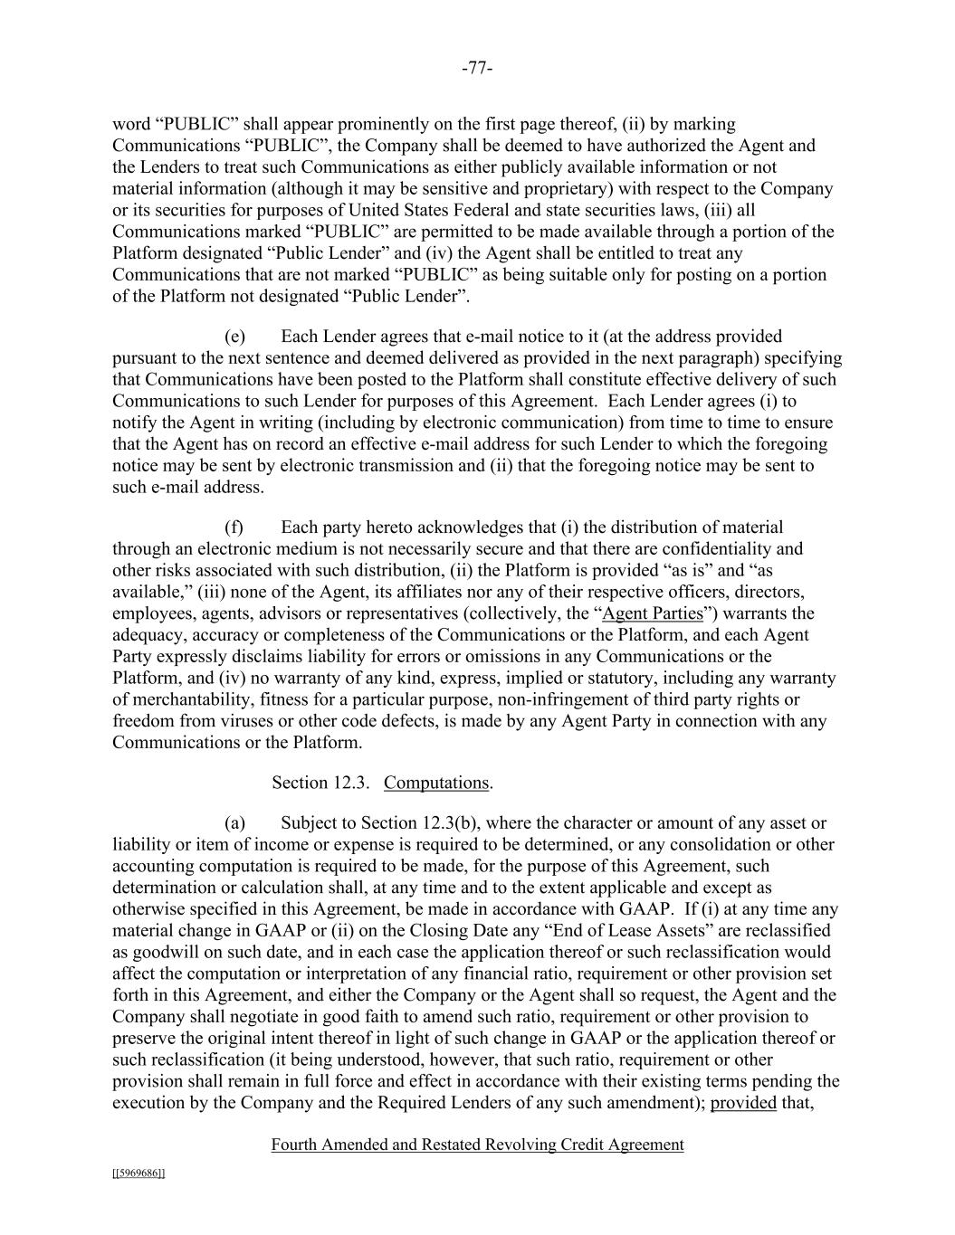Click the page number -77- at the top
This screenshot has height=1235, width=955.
477,69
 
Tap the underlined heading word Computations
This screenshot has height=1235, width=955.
436,783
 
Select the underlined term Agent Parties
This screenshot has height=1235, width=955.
653,613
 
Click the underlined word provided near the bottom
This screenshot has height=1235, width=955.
743,1103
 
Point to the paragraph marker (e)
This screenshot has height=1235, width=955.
234,337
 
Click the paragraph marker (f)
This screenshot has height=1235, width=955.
234,527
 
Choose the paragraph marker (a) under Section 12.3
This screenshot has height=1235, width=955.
234,823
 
